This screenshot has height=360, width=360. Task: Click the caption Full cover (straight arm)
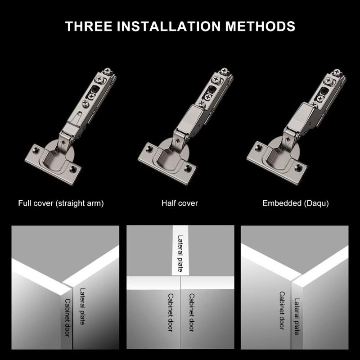click(x=61, y=203)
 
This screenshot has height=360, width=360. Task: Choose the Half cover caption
click(x=180, y=203)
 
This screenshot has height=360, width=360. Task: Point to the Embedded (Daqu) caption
click(x=296, y=203)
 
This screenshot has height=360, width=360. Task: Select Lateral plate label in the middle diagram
click(x=180, y=253)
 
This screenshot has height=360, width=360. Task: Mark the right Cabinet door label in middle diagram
click(x=191, y=313)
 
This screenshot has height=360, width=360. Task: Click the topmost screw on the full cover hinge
click(x=108, y=71)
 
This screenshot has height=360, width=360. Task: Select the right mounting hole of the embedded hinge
click(x=297, y=167)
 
